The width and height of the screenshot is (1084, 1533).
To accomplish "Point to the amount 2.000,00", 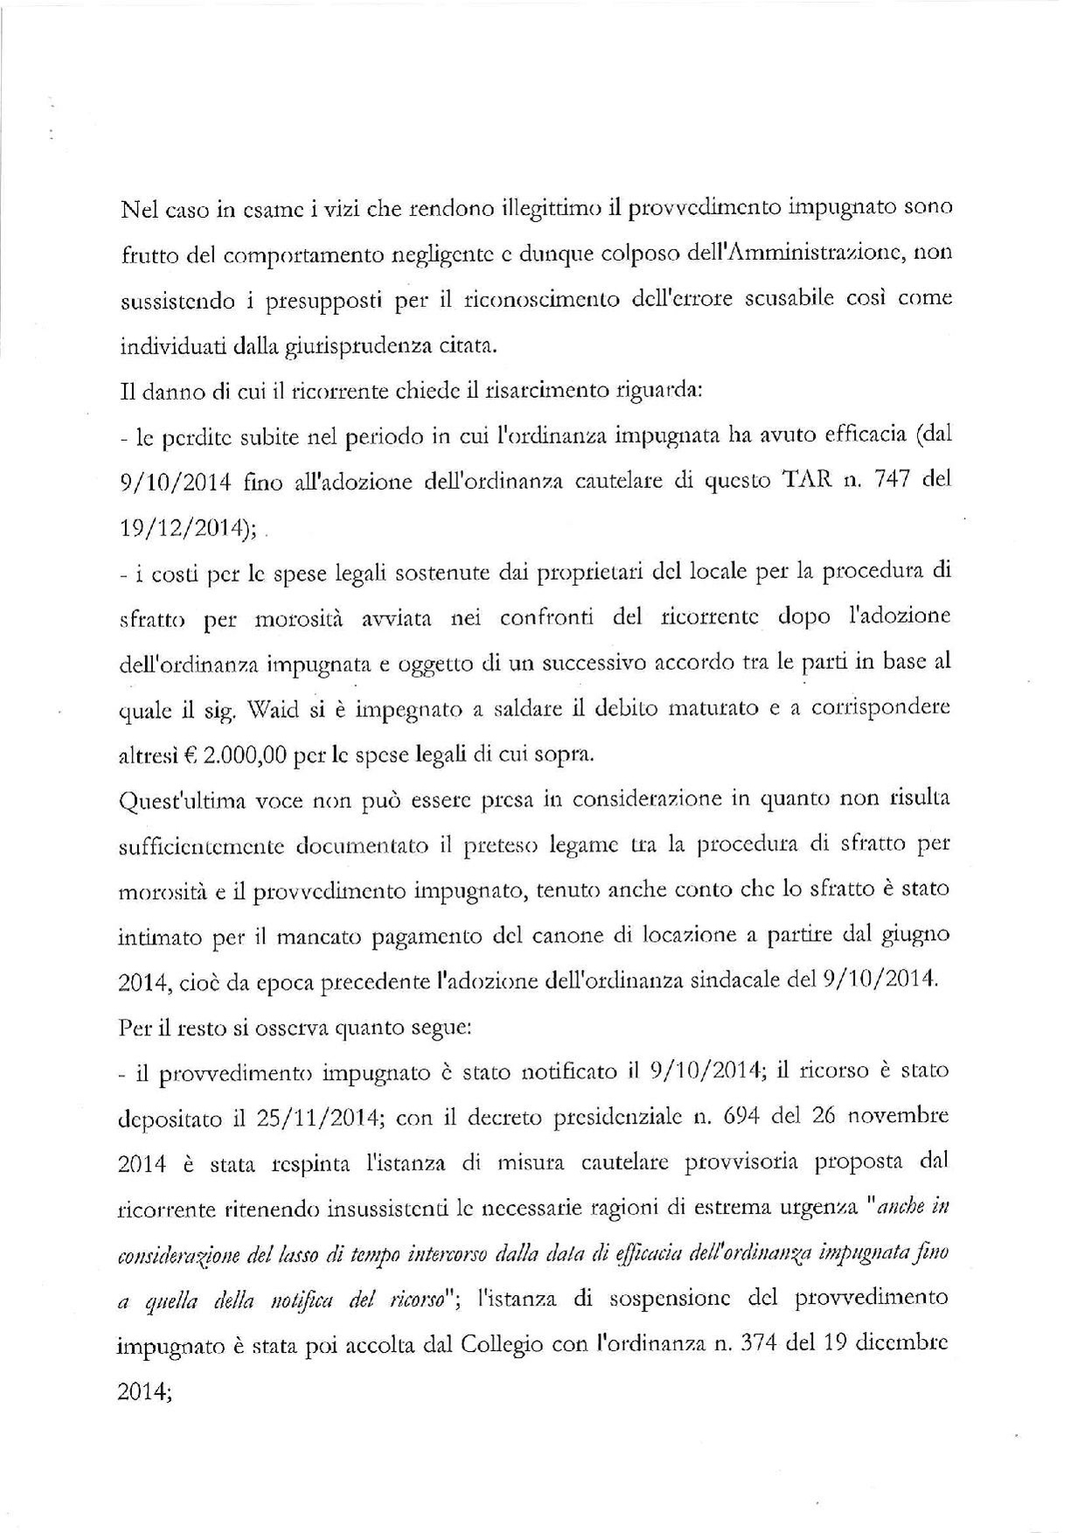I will pos(245,755).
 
